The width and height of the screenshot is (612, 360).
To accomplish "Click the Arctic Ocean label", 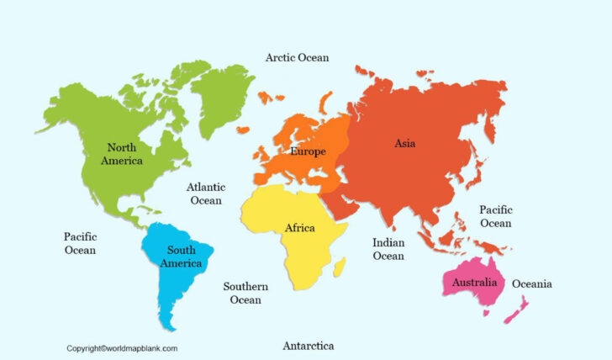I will [x=297, y=57].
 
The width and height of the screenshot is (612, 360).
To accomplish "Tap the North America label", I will [x=122, y=154].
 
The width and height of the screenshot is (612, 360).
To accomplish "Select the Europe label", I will [x=308, y=151].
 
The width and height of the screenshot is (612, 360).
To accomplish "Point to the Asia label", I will [x=404, y=143].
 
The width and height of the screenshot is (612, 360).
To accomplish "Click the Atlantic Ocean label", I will [x=205, y=194].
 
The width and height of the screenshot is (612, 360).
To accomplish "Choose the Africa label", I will [x=300, y=228].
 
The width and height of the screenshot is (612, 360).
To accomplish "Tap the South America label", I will [x=182, y=257].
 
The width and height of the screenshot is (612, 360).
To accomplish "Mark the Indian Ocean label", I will [x=388, y=249].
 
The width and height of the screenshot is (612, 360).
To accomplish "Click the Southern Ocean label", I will [x=245, y=293].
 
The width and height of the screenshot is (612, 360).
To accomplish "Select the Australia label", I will [x=474, y=282].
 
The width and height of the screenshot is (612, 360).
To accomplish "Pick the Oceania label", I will [x=532, y=283].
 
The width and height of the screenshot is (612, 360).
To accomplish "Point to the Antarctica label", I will [x=308, y=346].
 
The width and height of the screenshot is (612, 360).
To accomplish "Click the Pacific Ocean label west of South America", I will [x=80, y=243].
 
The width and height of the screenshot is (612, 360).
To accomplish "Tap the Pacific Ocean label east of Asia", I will [x=495, y=216].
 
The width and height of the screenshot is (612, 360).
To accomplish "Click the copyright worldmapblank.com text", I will [x=122, y=347].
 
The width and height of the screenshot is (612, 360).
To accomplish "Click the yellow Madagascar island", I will [x=340, y=268].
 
